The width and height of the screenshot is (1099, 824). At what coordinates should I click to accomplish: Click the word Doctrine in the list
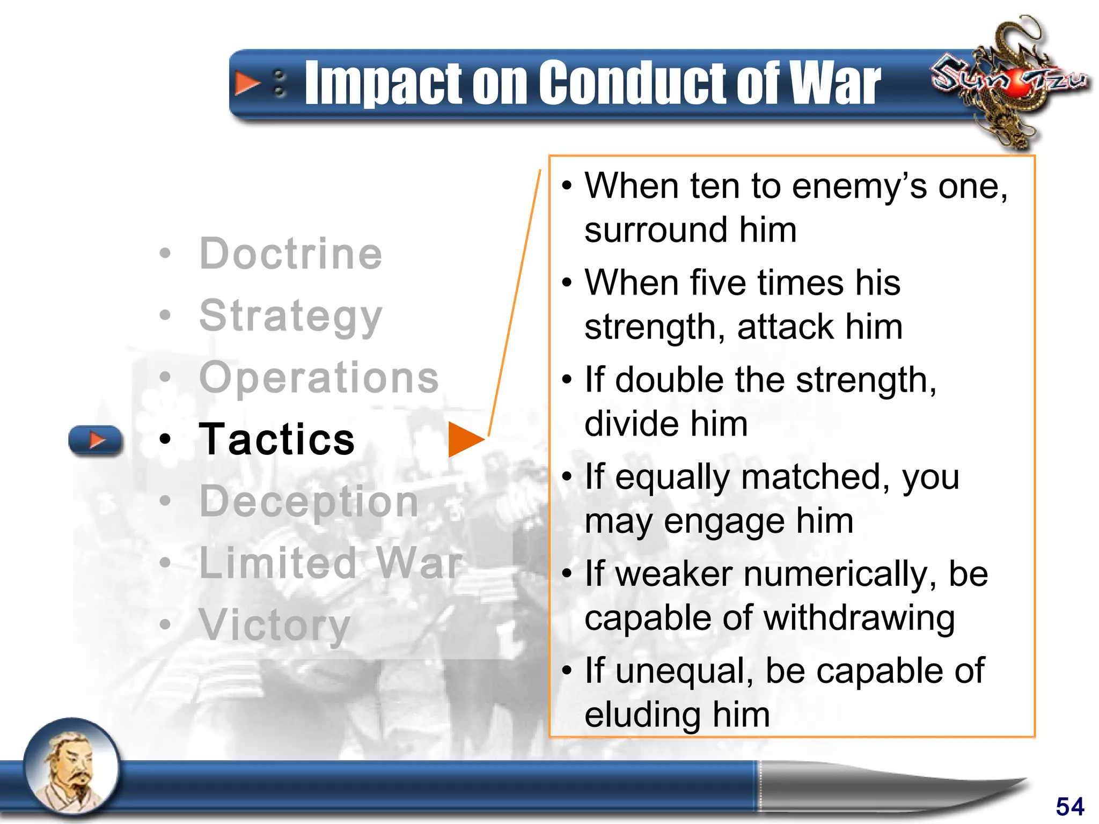290,253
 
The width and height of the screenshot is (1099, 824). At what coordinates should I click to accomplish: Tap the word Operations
319,377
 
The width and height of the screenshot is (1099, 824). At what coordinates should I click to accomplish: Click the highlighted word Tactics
277,439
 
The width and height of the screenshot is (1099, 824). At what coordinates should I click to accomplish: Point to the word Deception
309,502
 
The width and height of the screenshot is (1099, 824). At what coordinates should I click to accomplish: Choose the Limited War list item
330,563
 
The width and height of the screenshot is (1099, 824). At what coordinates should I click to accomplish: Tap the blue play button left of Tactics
96,440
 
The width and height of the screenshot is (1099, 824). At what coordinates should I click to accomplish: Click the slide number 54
1069,806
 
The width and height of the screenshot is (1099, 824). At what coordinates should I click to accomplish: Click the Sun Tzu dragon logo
1009,80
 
